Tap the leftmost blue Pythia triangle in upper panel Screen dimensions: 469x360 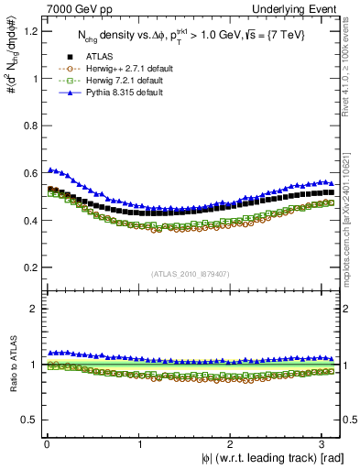point(50,169)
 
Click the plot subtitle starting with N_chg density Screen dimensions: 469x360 point(192,36)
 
